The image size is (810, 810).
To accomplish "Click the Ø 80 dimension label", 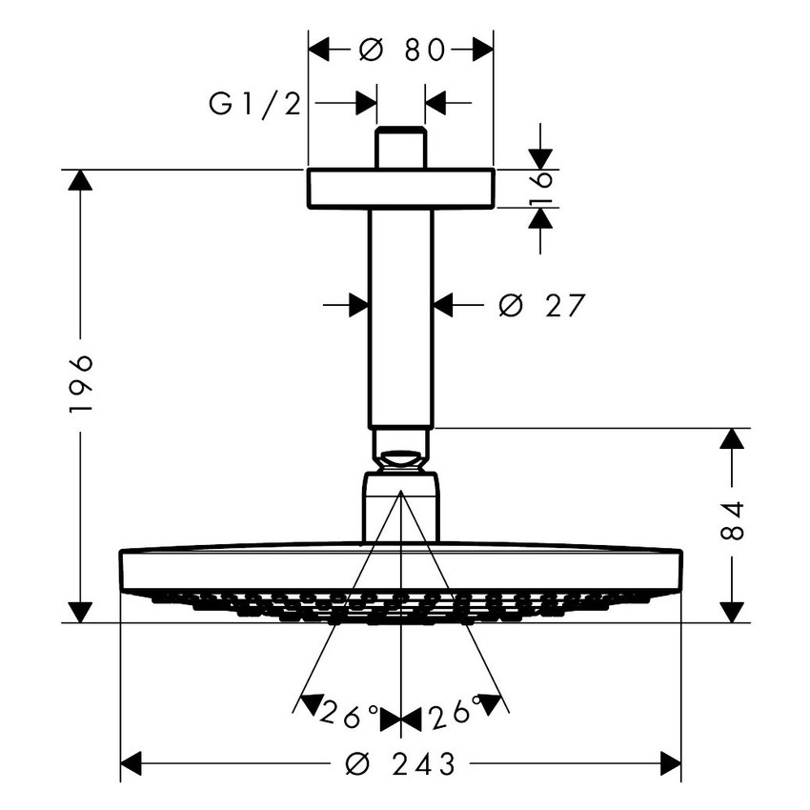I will pyautogui.click(x=402, y=51).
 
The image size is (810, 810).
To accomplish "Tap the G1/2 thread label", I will pyautogui.click(x=254, y=103).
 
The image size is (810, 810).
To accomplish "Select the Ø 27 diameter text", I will pyautogui.click(x=541, y=305).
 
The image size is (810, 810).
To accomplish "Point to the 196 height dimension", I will pyautogui.click(x=81, y=383).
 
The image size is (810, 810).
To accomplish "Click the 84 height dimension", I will pyautogui.click(x=731, y=522).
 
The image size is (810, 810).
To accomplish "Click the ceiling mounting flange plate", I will pyautogui.click(x=400, y=189).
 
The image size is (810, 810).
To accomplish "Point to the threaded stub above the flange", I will pyautogui.click(x=400, y=149).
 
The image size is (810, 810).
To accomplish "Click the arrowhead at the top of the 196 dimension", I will pyautogui.click(x=81, y=181).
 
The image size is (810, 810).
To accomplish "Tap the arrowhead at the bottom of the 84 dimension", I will pyautogui.click(x=731, y=612).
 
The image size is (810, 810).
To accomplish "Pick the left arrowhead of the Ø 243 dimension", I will pyautogui.click(x=132, y=763).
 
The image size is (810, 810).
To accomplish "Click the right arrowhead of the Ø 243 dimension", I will pyautogui.click(x=670, y=763).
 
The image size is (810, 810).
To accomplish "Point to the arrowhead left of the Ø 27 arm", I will pyautogui.click(x=358, y=305).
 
